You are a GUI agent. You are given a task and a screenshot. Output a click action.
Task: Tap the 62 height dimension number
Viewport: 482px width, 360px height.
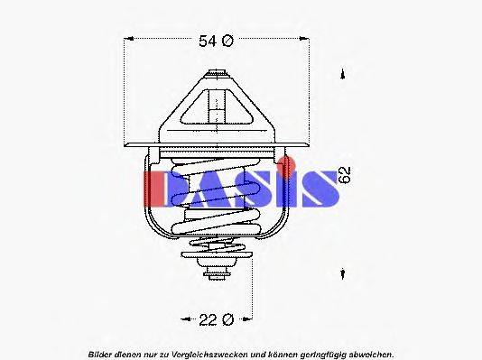click(344, 175)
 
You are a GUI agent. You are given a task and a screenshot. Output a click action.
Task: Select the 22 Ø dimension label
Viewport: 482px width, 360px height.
click(217, 319)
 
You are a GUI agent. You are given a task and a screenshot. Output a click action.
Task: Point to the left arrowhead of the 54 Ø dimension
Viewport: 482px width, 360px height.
click(127, 40)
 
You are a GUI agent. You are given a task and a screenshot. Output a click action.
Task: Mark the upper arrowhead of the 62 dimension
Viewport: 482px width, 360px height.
click(343, 78)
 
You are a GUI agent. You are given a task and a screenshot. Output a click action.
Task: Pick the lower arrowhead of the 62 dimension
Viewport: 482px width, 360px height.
click(343, 273)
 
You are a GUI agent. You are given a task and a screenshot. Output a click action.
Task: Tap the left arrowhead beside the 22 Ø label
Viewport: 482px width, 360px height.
click(184, 319)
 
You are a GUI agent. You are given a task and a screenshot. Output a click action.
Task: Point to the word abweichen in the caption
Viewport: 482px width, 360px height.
click(369, 352)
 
